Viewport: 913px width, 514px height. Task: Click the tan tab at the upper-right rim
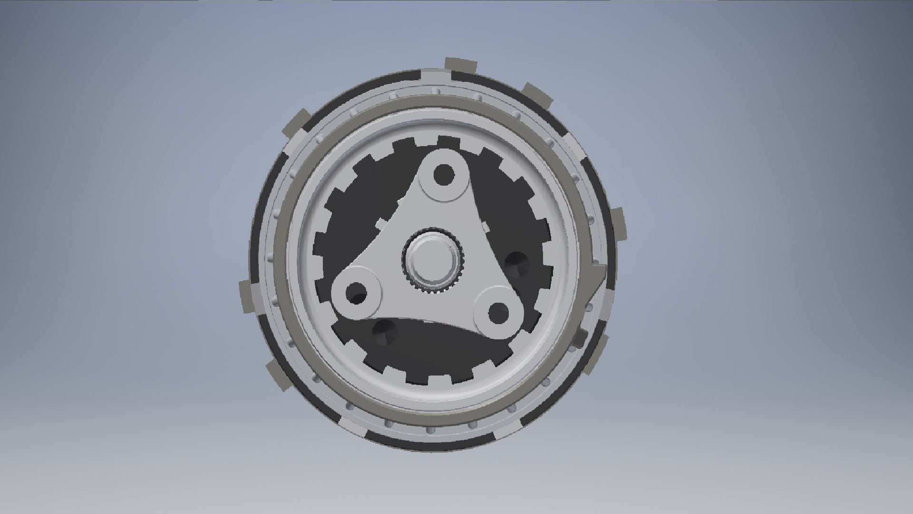(537, 96)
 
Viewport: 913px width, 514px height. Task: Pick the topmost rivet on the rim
(434, 90)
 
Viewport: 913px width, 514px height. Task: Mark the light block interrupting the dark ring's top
(436, 76)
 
